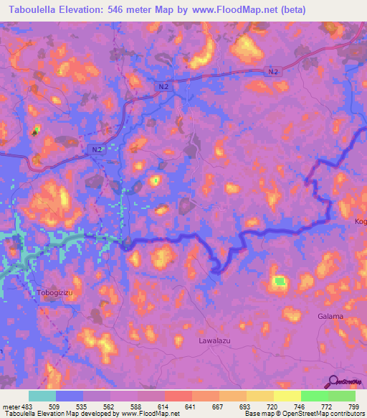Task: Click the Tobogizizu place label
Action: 54,293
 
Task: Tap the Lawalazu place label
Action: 214,343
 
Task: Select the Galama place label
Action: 330,316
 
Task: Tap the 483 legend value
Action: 29,407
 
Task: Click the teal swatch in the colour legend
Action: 42,396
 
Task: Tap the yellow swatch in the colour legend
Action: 287,396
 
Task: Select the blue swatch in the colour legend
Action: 70,396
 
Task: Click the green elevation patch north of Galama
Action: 279,282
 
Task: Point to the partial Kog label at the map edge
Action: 360,221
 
